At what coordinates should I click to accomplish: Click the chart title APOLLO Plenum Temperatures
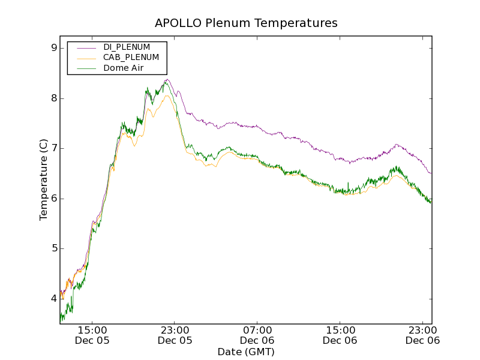pyautogui.click(x=246, y=23)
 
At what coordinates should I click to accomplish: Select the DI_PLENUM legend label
pyautogui.click(x=127, y=47)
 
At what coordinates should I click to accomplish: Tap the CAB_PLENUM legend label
pyautogui.click(x=131, y=58)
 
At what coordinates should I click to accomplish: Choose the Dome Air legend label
pyautogui.click(x=124, y=68)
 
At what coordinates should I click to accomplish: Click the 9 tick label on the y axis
pyautogui.click(x=53, y=48)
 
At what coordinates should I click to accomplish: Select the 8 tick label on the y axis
pyautogui.click(x=53, y=98)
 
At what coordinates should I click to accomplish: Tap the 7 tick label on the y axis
pyautogui.click(x=53, y=148)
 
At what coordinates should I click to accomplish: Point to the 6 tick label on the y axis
pyautogui.click(x=53, y=199)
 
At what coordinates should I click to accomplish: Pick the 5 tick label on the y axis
pyautogui.click(x=53, y=248)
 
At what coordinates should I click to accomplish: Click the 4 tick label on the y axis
pyautogui.click(x=53, y=299)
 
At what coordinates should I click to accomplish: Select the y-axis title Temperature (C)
pyautogui.click(x=43, y=180)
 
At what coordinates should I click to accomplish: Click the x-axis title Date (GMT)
pyautogui.click(x=246, y=352)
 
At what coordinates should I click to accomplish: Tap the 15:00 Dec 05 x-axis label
pyautogui.click(x=92, y=335)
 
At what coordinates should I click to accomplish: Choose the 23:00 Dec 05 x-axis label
pyautogui.click(x=175, y=335)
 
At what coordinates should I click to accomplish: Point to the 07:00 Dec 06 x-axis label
pyautogui.click(x=257, y=335)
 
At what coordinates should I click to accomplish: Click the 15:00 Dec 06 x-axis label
pyautogui.click(x=340, y=335)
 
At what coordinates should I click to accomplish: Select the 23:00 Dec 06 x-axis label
pyautogui.click(x=422, y=335)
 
